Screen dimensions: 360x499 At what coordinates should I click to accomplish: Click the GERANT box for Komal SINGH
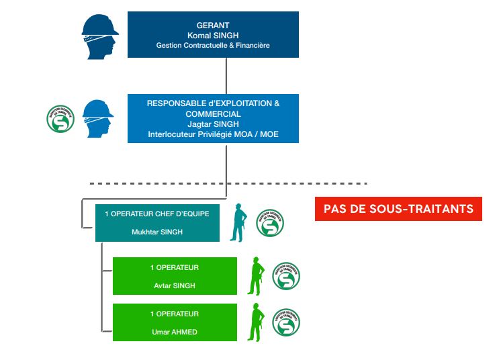(x=213, y=34)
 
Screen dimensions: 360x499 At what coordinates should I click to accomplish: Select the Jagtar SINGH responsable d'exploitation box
(x=213, y=118)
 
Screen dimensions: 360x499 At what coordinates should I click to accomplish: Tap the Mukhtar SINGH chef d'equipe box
(x=157, y=223)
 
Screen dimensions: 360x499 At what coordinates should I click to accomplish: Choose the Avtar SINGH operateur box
(x=175, y=276)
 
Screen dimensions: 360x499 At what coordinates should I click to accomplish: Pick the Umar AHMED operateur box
(x=175, y=322)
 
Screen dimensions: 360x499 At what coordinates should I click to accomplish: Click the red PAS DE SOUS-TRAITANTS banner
(x=399, y=209)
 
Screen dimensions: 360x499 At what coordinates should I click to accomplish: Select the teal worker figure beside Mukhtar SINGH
(x=238, y=222)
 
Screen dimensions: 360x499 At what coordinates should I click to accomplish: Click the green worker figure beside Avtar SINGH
(x=255, y=275)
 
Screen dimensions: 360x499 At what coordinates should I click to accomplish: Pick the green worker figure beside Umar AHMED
(x=255, y=322)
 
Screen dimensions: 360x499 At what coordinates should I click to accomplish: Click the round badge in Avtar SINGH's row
(x=286, y=276)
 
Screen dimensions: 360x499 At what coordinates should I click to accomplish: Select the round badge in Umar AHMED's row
(x=286, y=322)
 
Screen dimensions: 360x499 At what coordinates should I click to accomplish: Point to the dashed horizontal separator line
(x=228, y=183)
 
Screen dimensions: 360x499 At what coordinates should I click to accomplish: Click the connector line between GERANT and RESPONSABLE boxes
(x=226, y=75)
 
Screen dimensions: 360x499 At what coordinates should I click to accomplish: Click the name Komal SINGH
(x=213, y=34)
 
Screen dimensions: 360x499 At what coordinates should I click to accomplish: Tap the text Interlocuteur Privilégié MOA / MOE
(x=213, y=134)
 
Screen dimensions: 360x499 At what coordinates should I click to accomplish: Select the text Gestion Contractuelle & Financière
(x=213, y=45)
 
